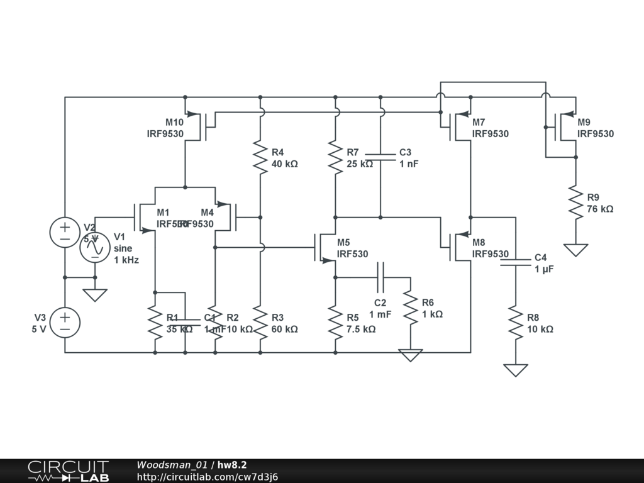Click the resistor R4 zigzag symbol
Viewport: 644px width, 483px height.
coord(260,157)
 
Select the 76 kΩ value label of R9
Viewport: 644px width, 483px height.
coord(600,209)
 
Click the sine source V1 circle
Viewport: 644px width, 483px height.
coord(95,248)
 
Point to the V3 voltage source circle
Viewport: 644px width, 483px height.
coord(65,323)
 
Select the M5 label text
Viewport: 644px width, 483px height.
coord(343,242)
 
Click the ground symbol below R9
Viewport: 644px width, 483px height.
coord(575,250)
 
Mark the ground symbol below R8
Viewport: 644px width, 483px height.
coord(516,370)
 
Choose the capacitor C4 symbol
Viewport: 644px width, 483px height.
coord(516,262)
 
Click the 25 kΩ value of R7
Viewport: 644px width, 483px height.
coord(360,164)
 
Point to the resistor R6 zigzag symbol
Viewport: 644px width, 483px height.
coord(411,308)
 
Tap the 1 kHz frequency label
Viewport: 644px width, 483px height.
coord(126,260)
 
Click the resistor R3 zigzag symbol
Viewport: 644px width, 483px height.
coord(260,322)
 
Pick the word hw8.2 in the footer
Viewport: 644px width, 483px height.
coord(232,465)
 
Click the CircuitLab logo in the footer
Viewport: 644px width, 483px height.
coord(68,471)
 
